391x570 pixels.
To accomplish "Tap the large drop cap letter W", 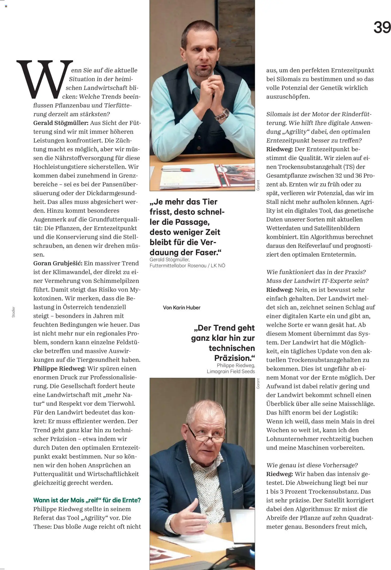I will tap(45, 80).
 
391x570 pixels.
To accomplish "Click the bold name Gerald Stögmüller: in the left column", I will tap(61, 123).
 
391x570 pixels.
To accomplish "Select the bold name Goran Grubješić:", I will tap(58, 263).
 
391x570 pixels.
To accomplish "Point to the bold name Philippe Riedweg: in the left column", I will tap(60, 369).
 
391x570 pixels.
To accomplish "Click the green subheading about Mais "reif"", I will tap(87, 500).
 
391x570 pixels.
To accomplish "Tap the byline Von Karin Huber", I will tap(182, 307).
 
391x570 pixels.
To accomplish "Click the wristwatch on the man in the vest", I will tap(222, 114).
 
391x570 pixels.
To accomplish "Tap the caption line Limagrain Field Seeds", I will tap(231, 371).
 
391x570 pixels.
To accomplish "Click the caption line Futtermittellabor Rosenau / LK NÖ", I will tap(187, 266).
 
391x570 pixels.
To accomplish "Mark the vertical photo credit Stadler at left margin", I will tap(14, 312).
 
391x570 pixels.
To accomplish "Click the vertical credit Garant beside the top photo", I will tap(258, 185).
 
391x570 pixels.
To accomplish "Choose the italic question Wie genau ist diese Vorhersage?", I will tap(312, 465).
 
